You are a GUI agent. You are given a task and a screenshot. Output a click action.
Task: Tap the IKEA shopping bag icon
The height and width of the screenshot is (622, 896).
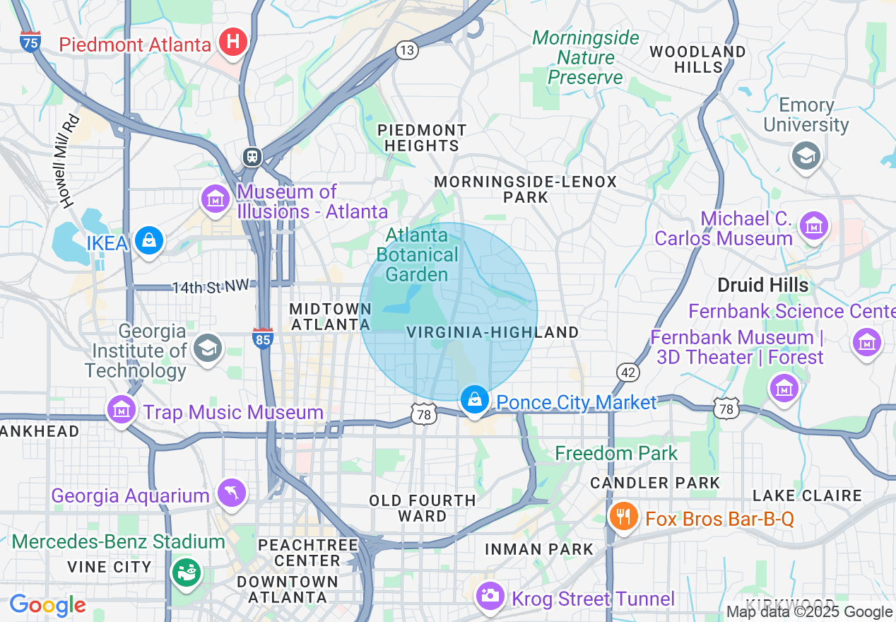pos(150,241)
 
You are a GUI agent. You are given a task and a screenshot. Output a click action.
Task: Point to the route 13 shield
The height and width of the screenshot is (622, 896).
pos(407,49)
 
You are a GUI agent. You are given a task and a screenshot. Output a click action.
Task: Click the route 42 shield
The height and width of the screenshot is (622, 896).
pos(627,372)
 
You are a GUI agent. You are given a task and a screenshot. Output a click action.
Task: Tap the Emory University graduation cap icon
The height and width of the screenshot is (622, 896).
pos(806,155)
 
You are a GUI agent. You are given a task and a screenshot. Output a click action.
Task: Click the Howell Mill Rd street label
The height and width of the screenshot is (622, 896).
pos(69,161)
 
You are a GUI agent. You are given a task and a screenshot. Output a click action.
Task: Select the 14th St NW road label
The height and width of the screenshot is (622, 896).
pos(211,286)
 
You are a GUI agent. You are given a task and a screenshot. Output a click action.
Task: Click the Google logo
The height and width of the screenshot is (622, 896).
pos(47,605)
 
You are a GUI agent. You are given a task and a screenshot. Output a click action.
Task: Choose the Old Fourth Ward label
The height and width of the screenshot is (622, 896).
pos(422,508)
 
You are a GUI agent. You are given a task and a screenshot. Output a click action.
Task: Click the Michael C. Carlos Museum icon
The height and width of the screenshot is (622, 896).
pos(814,226)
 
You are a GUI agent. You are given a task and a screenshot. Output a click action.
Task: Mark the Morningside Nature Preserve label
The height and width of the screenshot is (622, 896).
pos(586,57)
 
